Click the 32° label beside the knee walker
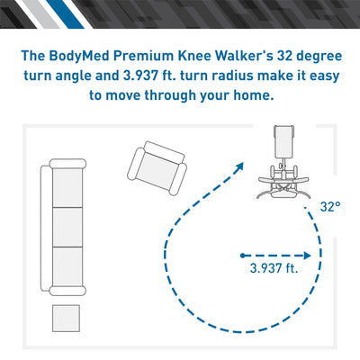[x=329, y=206]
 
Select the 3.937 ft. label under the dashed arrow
[x=274, y=267]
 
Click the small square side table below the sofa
[x=66, y=319]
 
